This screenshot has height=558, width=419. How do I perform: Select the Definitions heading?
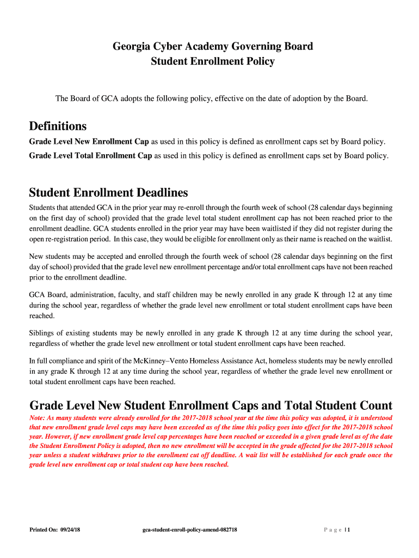58,126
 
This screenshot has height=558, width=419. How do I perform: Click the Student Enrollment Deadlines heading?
108,192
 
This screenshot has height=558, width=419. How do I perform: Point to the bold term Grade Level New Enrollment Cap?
89,142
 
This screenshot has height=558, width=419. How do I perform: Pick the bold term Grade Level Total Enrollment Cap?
90,155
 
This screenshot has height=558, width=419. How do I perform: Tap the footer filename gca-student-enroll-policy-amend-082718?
189,530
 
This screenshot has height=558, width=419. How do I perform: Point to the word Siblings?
43,333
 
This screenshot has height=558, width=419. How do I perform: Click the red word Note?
38,417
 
